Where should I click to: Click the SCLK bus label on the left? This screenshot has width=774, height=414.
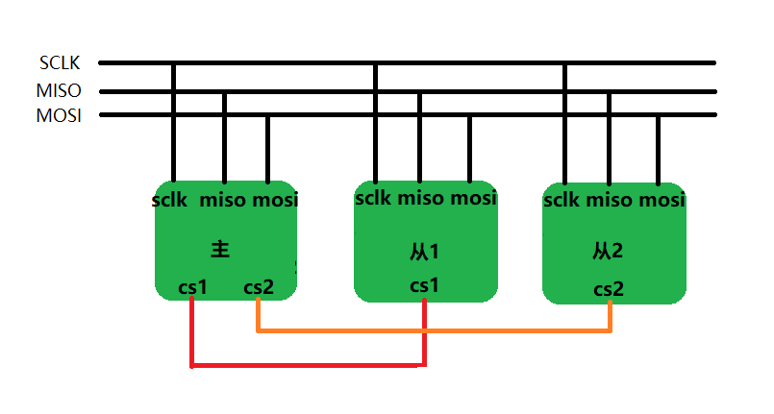[60, 63]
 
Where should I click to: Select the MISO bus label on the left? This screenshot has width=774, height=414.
[60, 91]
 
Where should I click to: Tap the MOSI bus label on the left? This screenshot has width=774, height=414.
[59, 115]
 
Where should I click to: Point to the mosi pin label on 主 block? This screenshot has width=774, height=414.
[275, 201]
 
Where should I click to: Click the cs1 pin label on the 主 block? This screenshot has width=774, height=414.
[193, 286]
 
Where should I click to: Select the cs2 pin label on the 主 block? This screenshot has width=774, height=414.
[259, 286]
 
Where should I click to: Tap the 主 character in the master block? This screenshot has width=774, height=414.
[220, 249]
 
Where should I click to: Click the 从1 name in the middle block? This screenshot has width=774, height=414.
[424, 252]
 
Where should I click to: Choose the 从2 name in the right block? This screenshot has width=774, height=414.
[608, 251]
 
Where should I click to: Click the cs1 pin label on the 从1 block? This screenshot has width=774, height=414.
[424, 285]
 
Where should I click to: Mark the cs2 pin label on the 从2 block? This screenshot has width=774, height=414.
[609, 289]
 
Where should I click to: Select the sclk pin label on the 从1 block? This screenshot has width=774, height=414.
[374, 199]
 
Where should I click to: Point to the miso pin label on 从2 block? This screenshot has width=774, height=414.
[609, 201]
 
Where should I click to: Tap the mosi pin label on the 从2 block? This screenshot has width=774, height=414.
[661, 201]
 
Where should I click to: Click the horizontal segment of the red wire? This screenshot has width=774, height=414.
[308, 366]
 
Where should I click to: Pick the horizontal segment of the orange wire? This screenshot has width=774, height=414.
[433, 331]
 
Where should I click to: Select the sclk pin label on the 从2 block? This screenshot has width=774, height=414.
[562, 201]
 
